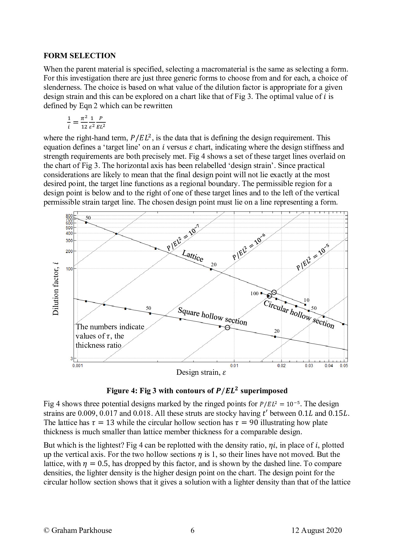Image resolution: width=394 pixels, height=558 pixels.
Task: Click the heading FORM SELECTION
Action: point(79,56)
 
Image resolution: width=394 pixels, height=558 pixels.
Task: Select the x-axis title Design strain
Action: point(201,373)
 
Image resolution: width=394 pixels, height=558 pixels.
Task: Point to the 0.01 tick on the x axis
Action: point(234,366)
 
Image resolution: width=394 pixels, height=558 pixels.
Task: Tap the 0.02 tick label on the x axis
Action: point(281,366)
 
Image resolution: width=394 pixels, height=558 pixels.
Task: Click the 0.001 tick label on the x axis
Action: point(78,366)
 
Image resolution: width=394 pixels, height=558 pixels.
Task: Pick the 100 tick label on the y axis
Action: point(69,269)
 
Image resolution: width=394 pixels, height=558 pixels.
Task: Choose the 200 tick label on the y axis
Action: point(69,251)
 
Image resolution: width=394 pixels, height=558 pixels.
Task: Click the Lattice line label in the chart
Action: point(193,255)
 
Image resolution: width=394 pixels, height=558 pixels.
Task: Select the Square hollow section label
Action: point(212,316)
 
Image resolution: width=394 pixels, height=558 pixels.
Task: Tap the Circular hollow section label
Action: point(299,314)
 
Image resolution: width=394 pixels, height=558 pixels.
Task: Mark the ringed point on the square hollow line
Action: point(228,327)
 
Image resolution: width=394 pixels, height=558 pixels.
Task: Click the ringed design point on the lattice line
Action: point(274,292)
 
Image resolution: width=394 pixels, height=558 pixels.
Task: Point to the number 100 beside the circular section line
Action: point(254,293)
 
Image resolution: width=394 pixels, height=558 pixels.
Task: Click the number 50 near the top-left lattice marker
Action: point(88,218)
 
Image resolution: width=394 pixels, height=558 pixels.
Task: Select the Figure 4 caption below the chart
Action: point(197,391)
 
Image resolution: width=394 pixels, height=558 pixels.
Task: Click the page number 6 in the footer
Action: point(192,530)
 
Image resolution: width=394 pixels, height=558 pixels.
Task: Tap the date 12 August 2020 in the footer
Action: point(316,530)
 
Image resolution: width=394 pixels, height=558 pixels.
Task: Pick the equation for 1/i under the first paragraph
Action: point(86,122)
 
